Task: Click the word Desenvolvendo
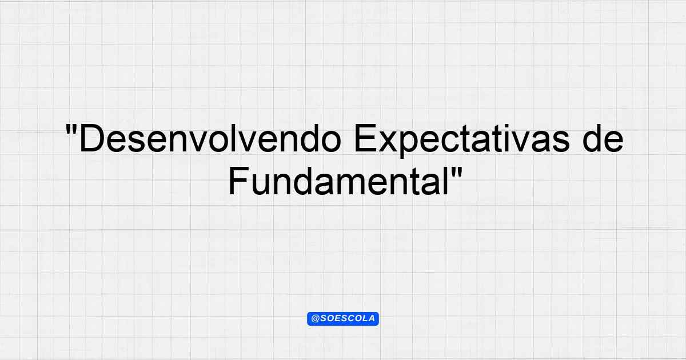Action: point(210,138)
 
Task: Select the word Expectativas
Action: point(461,141)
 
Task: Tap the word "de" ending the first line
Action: point(603,138)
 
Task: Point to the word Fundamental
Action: point(339,181)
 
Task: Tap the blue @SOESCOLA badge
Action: point(343,319)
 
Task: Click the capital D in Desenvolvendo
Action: point(91,138)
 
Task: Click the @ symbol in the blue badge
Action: point(315,319)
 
